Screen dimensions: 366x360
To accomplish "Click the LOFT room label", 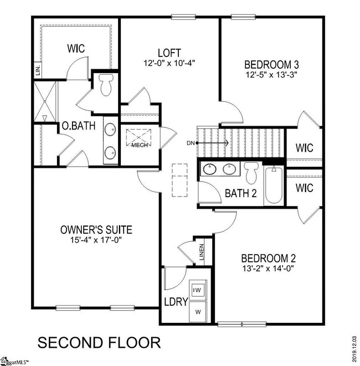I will [x=169, y=53].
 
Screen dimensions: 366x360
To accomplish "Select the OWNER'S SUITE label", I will [x=96, y=229].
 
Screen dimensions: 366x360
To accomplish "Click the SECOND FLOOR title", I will [x=99, y=342].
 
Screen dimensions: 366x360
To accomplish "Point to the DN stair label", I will [x=191, y=143].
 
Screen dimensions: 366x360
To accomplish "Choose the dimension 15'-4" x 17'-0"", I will [x=96, y=241].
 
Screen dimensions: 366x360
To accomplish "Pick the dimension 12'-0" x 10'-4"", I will [x=169, y=64].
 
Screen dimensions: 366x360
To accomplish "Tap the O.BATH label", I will [x=77, y=126].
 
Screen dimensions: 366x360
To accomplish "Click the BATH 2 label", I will [x=241, y=194].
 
